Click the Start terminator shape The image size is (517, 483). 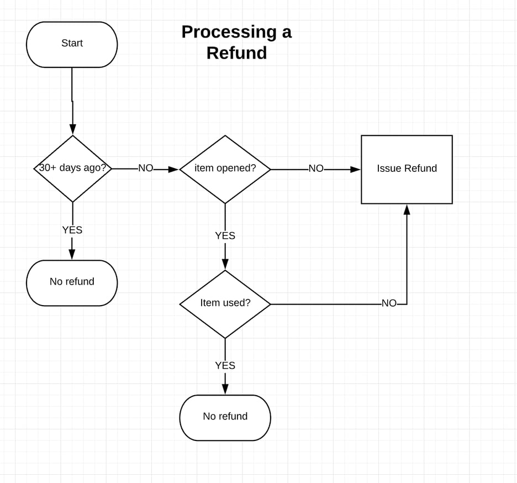72,44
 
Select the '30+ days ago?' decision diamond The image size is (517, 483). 72,168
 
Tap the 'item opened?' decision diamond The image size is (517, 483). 225,169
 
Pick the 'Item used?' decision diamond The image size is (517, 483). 225,303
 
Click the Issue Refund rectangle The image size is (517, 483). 407,169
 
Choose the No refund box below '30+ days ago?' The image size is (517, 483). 72,282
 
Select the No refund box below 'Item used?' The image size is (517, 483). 225,417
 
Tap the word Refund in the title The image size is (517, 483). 236,53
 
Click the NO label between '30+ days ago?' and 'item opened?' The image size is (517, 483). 145,168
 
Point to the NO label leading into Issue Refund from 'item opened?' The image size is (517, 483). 316,169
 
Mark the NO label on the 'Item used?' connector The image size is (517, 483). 389,303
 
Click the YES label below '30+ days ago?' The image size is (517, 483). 72,230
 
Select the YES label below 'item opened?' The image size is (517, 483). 225,235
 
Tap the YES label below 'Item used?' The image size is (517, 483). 225,365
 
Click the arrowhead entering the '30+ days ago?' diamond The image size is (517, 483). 72,129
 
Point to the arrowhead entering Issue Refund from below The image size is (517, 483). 407,209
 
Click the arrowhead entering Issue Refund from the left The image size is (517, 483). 355,169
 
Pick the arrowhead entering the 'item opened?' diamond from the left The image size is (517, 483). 173,169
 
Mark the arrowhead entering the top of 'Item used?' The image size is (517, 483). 225,264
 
